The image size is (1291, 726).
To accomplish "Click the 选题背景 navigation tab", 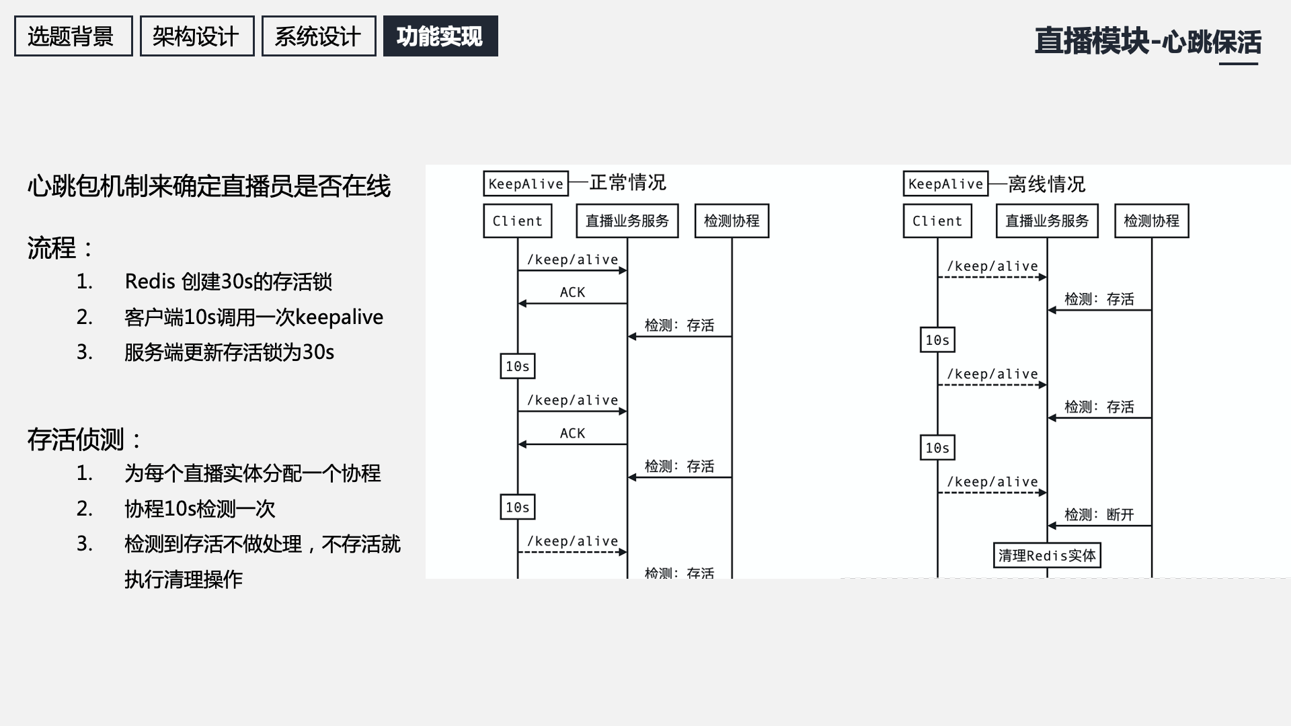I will (73, 36).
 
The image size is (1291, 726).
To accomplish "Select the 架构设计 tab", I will (196, 36).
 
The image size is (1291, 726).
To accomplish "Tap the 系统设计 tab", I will (318, 36).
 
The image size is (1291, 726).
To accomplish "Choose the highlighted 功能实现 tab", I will (440, 36).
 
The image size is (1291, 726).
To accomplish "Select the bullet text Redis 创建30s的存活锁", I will (228, 282).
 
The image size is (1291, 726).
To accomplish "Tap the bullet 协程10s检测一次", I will (200, 509).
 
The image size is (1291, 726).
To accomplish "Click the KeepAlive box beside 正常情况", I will (526, 184).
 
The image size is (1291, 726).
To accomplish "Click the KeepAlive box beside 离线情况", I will (945, 184).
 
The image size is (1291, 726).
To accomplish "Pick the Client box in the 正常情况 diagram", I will (517, 221).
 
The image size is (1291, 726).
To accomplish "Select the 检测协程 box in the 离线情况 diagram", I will (1151, 221).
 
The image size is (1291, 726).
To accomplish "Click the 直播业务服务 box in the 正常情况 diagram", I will (627, 221).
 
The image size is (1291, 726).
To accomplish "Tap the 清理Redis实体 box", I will (1047, 556).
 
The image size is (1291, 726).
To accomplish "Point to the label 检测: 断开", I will (1099, 515).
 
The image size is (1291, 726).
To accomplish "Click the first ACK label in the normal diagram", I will (572, 292).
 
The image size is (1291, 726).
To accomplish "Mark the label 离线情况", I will (1046, 184).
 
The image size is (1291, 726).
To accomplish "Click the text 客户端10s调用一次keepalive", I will (253, 317).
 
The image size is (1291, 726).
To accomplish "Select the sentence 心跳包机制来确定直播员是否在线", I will (208, 186).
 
